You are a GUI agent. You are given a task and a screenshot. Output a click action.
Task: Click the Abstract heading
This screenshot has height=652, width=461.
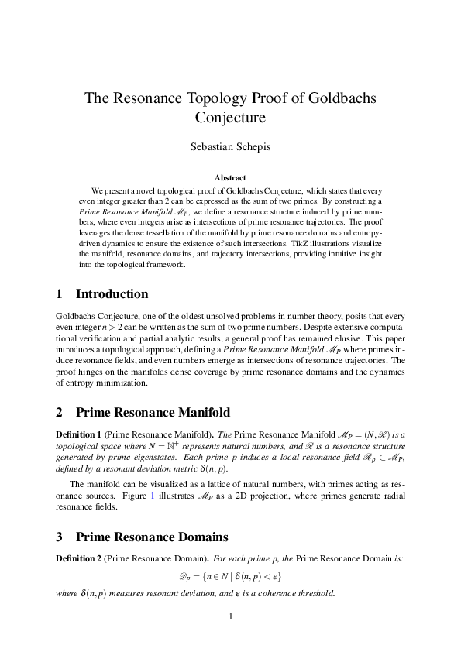(230, 177)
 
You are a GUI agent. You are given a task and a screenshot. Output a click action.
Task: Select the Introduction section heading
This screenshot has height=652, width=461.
(112, 294)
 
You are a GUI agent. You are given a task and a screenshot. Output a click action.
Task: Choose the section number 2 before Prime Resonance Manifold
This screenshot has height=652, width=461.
(60, 411)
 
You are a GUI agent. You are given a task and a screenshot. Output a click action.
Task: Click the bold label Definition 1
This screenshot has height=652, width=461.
(80, 434)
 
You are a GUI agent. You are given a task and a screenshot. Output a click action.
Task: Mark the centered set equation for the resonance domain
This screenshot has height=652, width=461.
(230, 577)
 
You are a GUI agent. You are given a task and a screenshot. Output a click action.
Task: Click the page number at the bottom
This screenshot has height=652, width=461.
(230, 616)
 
